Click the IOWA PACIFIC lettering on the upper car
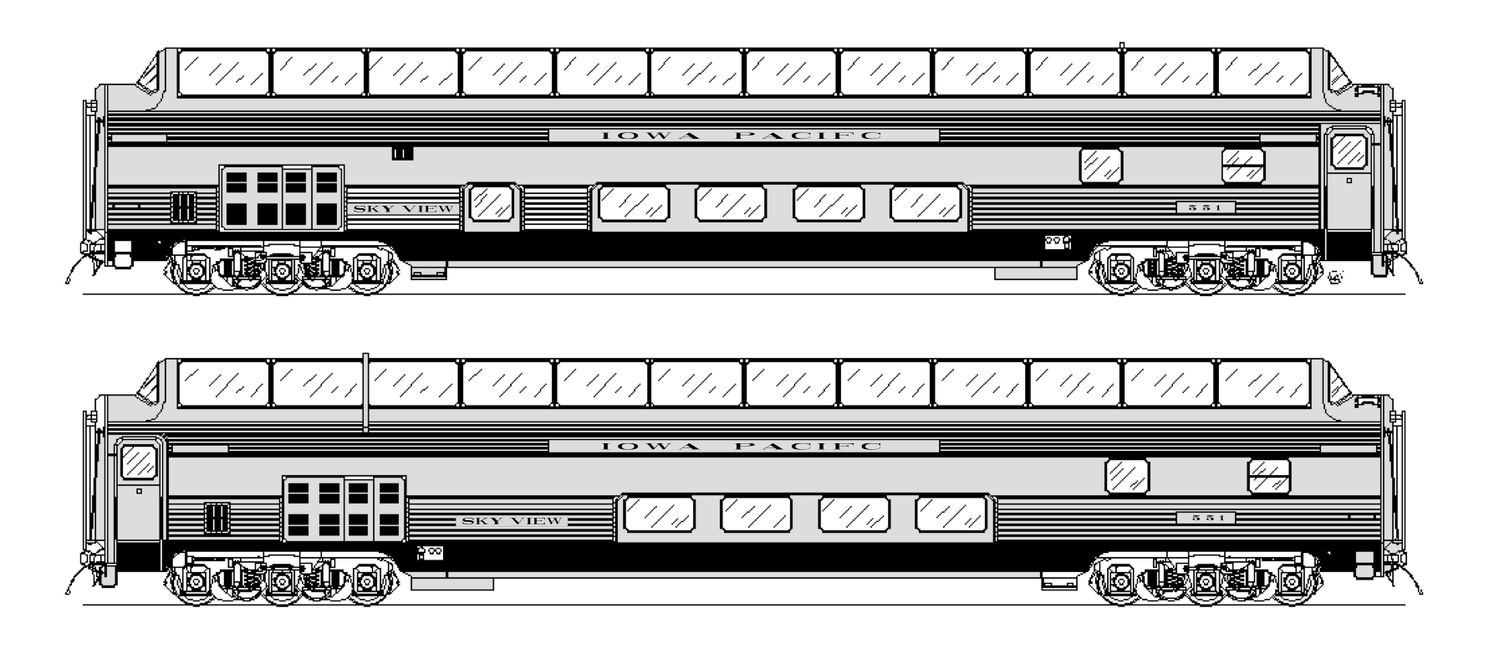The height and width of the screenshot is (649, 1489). tap(742, 135)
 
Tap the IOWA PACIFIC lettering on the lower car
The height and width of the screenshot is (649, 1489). tap(742, 446)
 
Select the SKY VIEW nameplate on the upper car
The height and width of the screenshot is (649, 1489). tap(404, 208)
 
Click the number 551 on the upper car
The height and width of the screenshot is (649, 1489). tap(1205, 207)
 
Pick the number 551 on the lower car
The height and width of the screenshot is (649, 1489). tap(1205, 519)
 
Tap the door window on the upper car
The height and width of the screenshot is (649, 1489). tap(1348, 151)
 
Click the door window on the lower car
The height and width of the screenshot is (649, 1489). tap(138, 462)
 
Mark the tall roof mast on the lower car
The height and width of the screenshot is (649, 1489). tap(365, 393)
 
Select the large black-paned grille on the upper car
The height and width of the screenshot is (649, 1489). tap(282, 197)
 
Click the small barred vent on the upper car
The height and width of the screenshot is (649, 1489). tap(183, 207)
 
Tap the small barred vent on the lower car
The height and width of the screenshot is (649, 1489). tap(217, 518)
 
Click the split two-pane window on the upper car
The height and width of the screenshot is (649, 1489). tap(1242, 166)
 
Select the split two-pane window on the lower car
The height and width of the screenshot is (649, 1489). tap(1269, 476)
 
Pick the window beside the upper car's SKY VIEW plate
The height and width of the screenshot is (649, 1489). tap(492, 203)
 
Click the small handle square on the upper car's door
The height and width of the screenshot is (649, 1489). tap(1348, 180)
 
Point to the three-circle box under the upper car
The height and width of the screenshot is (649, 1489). tap(1058, 243)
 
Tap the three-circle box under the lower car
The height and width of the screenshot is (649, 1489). tap(431, 552)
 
